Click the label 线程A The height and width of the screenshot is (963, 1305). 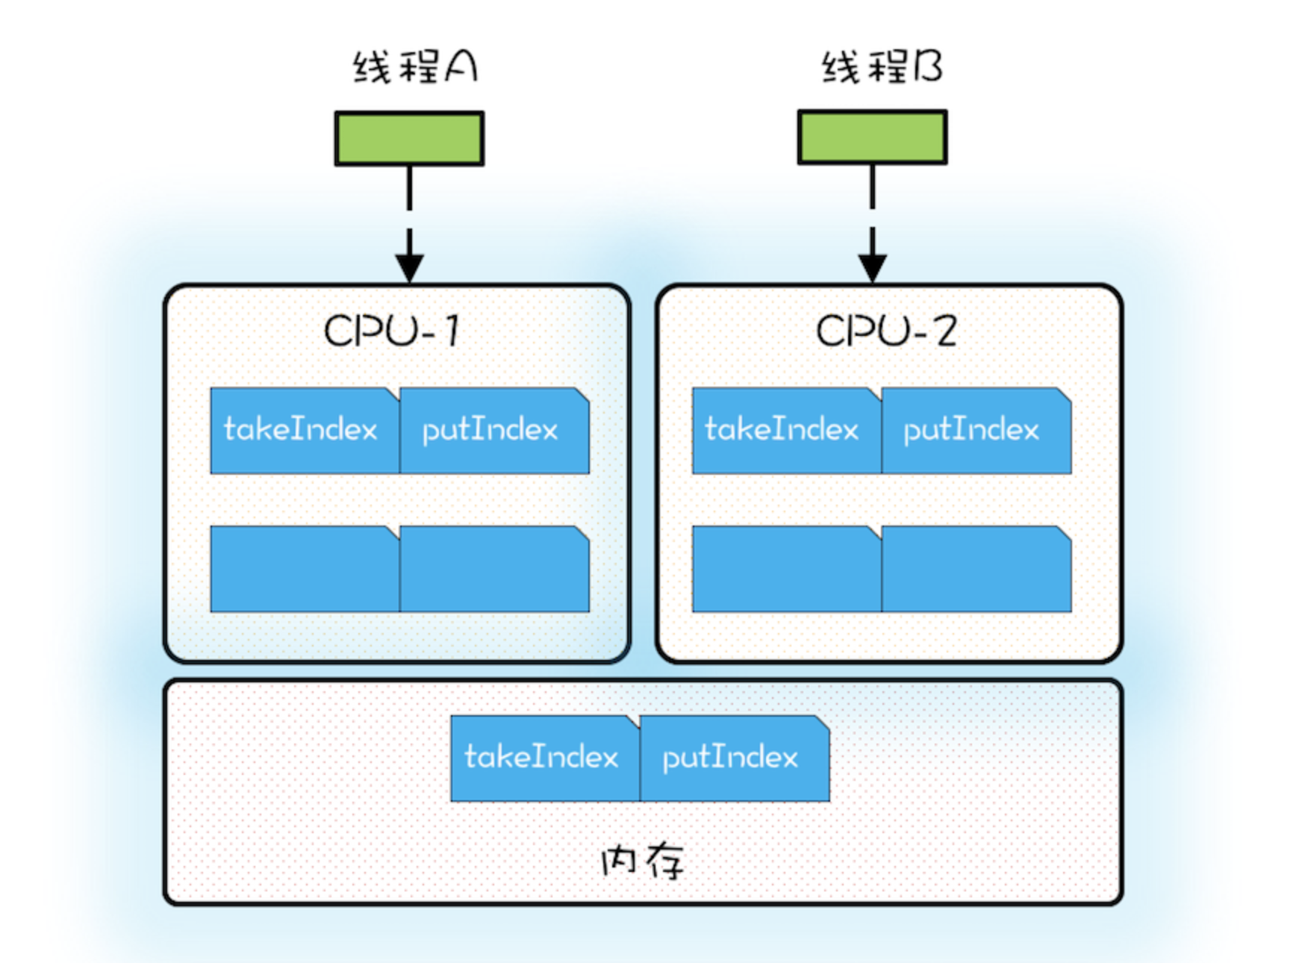pyautogui.click(x=415, y=67)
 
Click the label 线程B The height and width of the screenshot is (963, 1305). pyautogui.click(x=882, y=67)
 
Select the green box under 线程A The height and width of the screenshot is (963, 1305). pyautogui.click(x=409, y=138)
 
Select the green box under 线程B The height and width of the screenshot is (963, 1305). pyautogui.click(x=872, y=137)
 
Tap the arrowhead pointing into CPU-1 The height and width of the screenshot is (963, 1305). pyautogui.click(x=409, y=267)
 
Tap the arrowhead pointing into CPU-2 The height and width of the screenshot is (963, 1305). pyautogui.click(x=872, y=267)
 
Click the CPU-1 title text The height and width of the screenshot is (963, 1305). pyautogui.click(x=391, y=331)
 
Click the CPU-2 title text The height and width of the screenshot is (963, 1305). pyautogui.click(x=885, y=331)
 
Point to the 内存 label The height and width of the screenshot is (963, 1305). pyautogui.click(x=642, y=861)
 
